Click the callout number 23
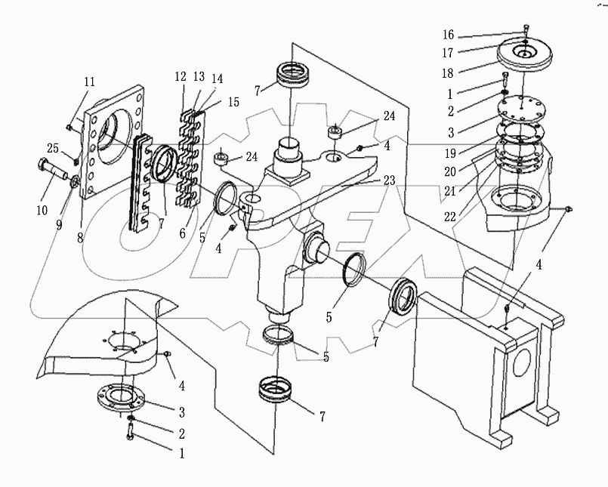point(390,180)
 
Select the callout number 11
point(89,81)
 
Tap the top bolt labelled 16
point(525,32)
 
